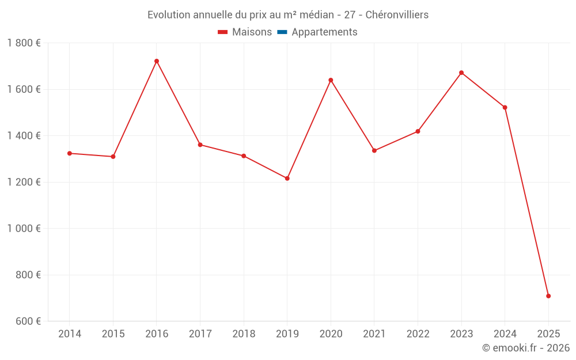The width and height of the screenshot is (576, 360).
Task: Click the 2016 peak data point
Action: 157,61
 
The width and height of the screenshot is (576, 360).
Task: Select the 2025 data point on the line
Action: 548,296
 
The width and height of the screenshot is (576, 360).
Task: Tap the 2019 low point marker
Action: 287,179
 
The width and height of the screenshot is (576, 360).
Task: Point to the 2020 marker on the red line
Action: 331,80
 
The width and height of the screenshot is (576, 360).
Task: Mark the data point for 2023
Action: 461,73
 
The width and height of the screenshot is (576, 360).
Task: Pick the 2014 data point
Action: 70,153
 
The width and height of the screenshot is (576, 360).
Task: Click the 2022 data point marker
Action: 418,131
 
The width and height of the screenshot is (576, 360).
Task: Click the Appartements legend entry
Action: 324,32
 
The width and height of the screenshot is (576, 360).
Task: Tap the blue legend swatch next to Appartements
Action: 282,32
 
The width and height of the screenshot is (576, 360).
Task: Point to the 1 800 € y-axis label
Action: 24,43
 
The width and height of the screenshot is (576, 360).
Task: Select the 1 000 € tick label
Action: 24,229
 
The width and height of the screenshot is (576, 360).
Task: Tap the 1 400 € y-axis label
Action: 24,136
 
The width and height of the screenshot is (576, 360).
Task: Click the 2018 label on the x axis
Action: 244,334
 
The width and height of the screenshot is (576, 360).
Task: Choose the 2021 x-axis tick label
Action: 374,334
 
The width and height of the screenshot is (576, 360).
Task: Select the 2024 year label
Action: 505,334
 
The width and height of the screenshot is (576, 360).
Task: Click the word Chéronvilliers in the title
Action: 397,15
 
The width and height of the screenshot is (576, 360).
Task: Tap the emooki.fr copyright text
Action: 526,348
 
